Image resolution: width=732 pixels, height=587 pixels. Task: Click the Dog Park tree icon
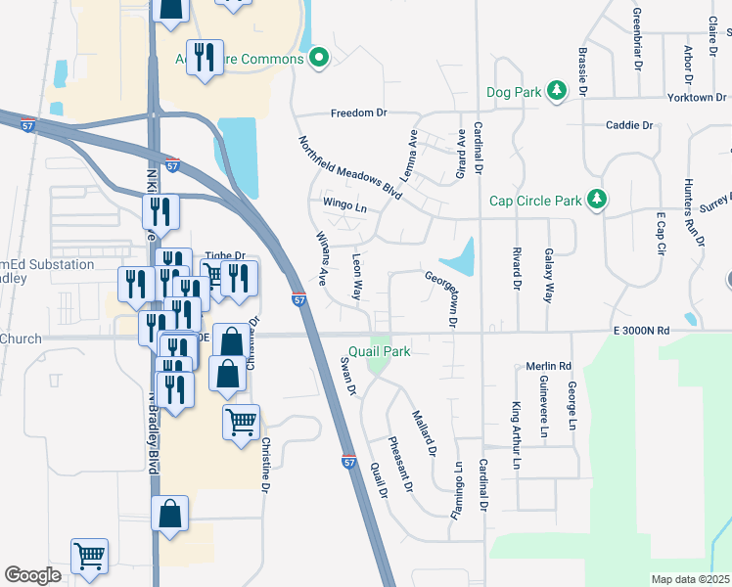557,91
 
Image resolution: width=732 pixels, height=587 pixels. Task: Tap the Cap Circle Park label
535,202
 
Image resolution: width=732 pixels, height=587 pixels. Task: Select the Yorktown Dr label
696,98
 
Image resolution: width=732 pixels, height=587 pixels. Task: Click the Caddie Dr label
629,125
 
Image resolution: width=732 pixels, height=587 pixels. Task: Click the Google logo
32,575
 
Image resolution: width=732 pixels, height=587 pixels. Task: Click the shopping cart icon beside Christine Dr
240,423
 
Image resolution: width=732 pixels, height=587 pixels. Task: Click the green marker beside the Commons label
318,60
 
